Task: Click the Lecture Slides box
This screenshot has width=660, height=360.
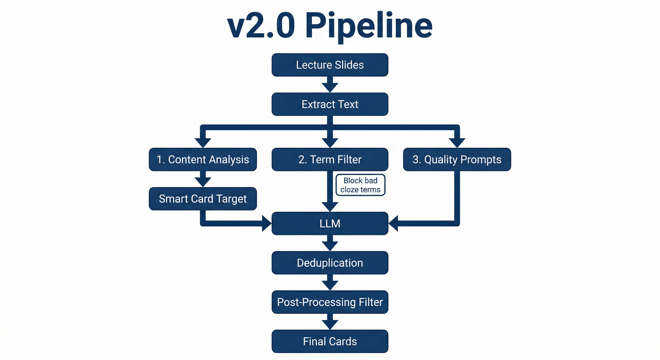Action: [330, 65]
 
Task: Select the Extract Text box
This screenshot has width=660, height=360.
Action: [330, 104]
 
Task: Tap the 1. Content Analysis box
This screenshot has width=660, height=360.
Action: [203, 159]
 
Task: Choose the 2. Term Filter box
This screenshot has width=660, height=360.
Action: [330, 159]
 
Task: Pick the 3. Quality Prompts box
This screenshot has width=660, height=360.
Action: [457, 159]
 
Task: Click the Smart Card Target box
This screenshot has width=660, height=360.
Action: [203, 199]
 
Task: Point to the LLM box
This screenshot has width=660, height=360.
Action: [330, 223]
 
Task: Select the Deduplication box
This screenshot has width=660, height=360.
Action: [330, 263]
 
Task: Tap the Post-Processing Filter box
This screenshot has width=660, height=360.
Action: [330, 302]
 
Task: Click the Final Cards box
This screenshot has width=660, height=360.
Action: [330, 341]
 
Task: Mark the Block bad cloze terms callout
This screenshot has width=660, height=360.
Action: [360, 185]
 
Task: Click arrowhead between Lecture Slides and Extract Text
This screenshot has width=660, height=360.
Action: [330, 87]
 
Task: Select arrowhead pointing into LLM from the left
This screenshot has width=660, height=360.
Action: [266, 223]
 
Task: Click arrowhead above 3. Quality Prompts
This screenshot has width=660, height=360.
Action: [457, 142]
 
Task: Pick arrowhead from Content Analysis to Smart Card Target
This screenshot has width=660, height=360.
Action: [203, 182]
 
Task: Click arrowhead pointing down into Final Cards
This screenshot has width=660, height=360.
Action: [330, 324]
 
